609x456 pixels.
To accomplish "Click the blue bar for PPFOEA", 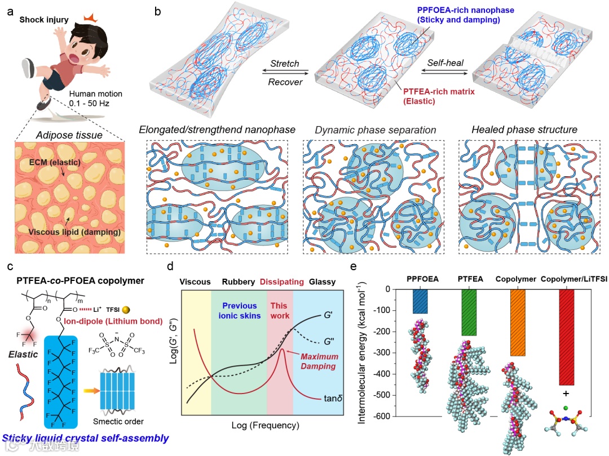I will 420,301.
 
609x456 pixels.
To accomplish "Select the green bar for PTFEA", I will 469,312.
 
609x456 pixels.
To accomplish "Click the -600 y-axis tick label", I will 388,417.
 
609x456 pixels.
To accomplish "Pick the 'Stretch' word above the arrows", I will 285,64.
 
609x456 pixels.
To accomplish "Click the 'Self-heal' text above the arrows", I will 445,63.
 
